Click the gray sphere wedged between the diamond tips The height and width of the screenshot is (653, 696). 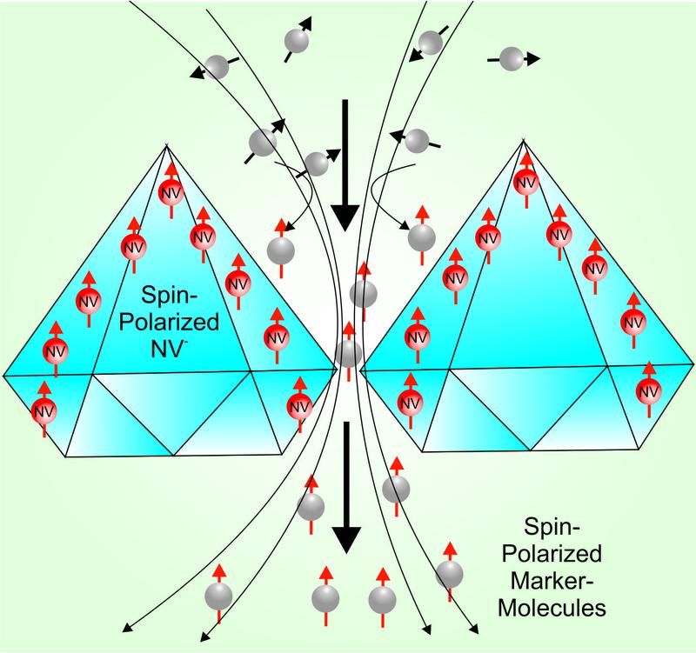(x=348, y=353)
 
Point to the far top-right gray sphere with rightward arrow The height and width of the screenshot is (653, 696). (x=513, y=58)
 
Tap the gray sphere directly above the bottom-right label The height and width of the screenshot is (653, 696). (x=450, y=572)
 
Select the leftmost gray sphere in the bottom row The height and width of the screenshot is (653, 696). (x=218, y=596)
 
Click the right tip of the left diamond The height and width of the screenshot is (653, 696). (x=337, y=369)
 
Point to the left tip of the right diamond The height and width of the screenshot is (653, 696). (x=361, y=365)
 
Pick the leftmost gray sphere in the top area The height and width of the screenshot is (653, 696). (x=217, y=66)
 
